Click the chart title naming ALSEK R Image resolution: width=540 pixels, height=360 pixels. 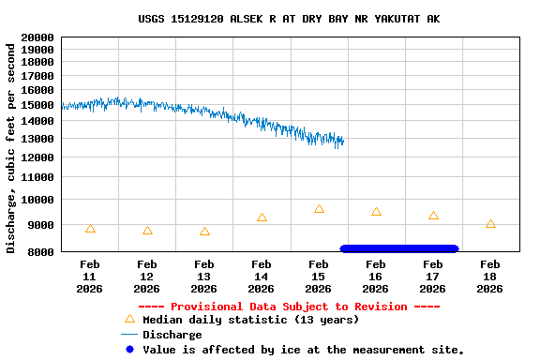288,19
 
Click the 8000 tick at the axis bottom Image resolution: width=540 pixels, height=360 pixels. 40,251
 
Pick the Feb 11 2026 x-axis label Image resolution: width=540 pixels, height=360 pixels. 90,277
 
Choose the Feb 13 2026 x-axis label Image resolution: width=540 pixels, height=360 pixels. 204,277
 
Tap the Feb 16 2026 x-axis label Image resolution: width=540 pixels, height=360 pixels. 375,277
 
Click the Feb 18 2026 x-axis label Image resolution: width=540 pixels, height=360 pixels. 489,277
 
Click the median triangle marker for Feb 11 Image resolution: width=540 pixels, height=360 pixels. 90,228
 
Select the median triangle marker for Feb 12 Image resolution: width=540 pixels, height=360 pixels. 147,230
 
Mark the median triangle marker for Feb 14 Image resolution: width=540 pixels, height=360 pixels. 262,217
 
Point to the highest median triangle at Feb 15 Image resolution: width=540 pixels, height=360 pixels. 319,209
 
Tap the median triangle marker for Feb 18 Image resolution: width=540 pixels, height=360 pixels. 490,224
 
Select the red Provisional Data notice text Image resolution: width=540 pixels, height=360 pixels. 289,307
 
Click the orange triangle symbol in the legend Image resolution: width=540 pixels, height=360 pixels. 129,320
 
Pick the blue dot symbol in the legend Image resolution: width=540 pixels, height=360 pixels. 129,350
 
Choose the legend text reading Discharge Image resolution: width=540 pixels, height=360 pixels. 172,335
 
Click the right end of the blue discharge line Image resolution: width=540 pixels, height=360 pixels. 343,142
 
